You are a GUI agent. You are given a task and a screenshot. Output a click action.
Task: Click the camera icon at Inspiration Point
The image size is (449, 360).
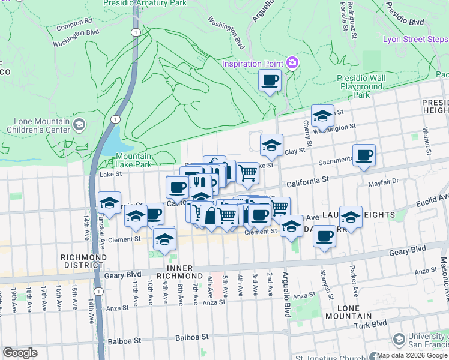pyautogui.click(x=292, y=62)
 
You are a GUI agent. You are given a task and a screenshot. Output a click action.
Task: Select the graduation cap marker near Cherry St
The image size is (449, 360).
pyautogui.click(x=322, y=116)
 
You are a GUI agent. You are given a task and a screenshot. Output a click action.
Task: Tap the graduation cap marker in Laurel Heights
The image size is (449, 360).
pyautogui.click(x=351, y=217)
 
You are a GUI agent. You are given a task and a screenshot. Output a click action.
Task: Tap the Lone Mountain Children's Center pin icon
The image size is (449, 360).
pyautogui.click(x=80, y=125)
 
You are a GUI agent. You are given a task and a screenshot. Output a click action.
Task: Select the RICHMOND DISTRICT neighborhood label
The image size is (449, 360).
pyautogui.click(x=83, y=261)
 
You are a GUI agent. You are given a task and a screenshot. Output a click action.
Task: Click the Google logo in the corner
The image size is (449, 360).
pyautogui.click(x=20, y=353)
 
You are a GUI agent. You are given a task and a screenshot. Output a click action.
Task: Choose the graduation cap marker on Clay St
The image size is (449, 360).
pyautogui.click(x=271, y=145)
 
